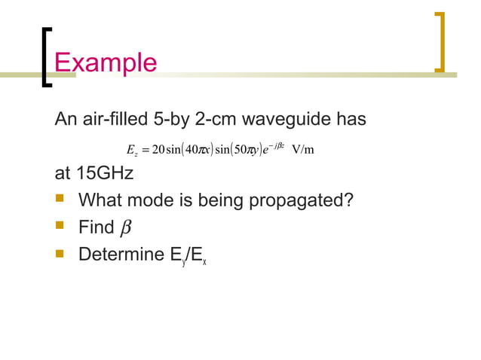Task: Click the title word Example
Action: pos(106,61)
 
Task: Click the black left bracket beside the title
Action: pos(47,57)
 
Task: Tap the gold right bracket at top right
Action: pos(440,42)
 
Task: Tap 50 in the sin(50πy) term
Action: pos(244,148)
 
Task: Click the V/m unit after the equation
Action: pos(302,148)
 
